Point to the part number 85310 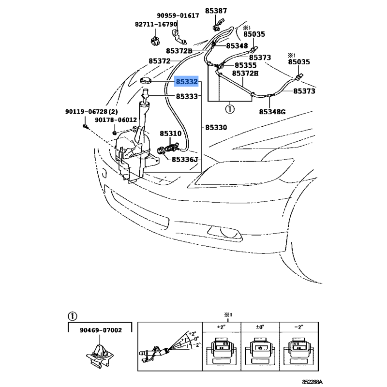click(170, 133)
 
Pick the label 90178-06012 click(116, 120)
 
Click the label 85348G click(272, 112)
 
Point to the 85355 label click(245, 65)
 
